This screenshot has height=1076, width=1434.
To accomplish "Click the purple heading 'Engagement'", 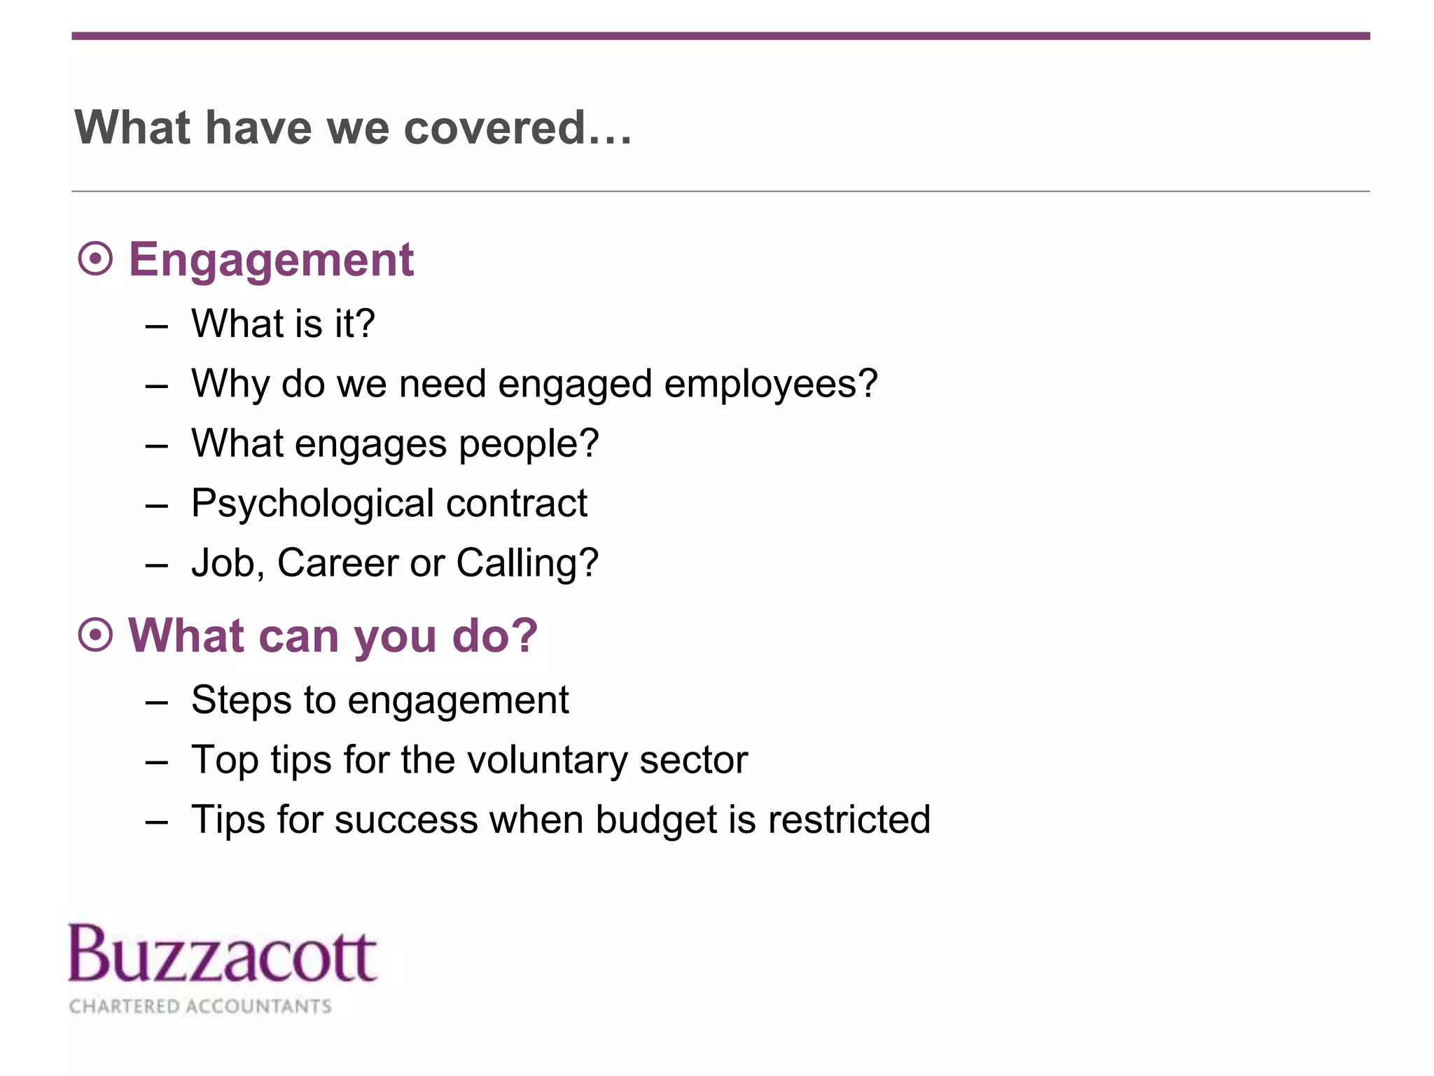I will click(x=271, y=260).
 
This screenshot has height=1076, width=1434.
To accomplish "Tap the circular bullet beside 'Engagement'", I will click(x=95, y=259).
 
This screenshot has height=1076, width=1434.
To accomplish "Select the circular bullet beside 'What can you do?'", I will click(x=95, y=635).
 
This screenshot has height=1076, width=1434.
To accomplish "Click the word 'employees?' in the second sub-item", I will click(x=770, y=385).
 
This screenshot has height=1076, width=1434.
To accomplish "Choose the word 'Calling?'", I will click(x=527, y=563).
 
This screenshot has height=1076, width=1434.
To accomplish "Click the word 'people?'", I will click(x=529, y=445).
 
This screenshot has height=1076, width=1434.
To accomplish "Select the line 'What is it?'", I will click(x=283, y=324).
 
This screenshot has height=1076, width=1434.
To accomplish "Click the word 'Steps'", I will click(x=241, y=701).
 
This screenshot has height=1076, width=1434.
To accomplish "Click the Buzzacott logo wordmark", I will click(x=223, y=954).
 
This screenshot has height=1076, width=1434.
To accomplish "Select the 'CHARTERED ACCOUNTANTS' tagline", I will click(x=200, y=1006).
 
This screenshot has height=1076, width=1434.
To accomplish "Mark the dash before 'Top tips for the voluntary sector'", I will click(x=157, y=762).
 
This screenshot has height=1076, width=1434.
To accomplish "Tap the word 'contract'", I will click(x=517, y=504).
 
